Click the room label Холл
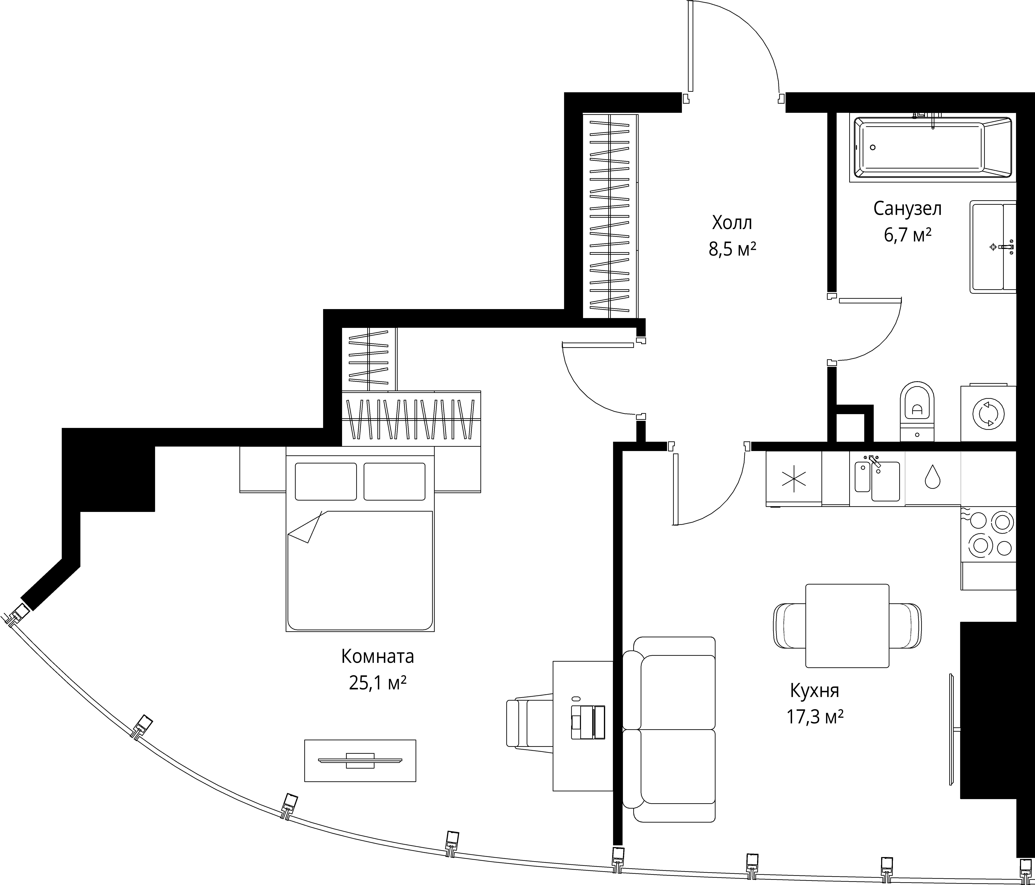(x=732, y=222)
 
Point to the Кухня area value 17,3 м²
(x=815, y=718)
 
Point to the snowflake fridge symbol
(x=794, y=478)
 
